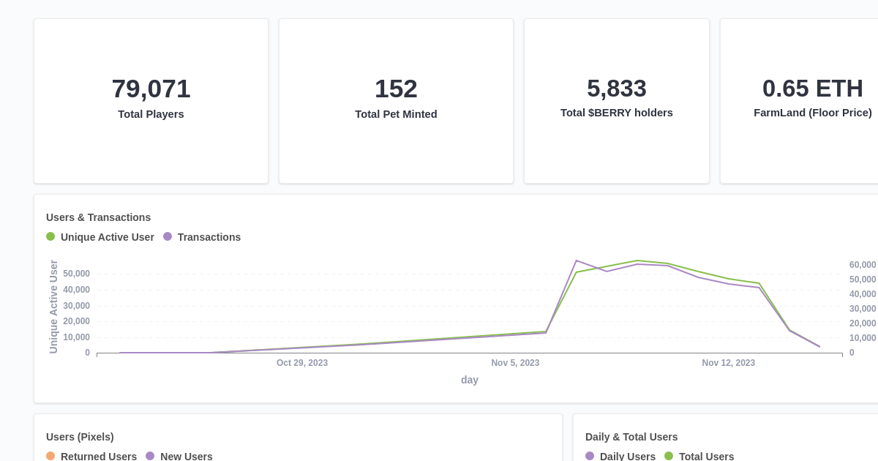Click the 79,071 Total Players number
coord(151,89)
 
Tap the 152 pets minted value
coord(396,89)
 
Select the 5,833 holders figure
coord(616,89)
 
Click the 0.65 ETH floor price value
coord(812,89)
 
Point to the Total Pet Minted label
coord(396,114)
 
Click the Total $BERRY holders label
coord(616,113)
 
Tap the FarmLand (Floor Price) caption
coord(812,113)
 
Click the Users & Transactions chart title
coord(98,217)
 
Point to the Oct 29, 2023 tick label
coord(301,363)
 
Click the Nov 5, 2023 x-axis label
coord(515,363)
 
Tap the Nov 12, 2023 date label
coord(728,363)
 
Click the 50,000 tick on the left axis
coord(76,274)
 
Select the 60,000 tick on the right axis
coord(862,265)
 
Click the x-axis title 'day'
coord(469,380)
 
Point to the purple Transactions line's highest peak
coord(577,261)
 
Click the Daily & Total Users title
coord(631,437)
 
